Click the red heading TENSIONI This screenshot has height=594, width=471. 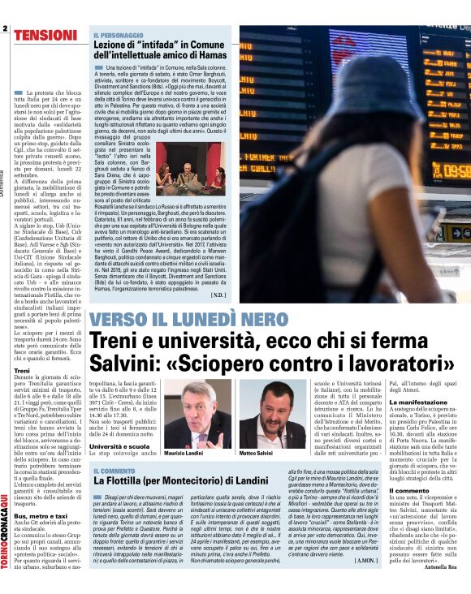pyautogui.click(x=45, y=35)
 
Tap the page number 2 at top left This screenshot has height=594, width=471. pyautogui.click(x=5, y=30)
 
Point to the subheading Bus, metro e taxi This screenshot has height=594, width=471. pyautogui.click(x=39, y=515)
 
